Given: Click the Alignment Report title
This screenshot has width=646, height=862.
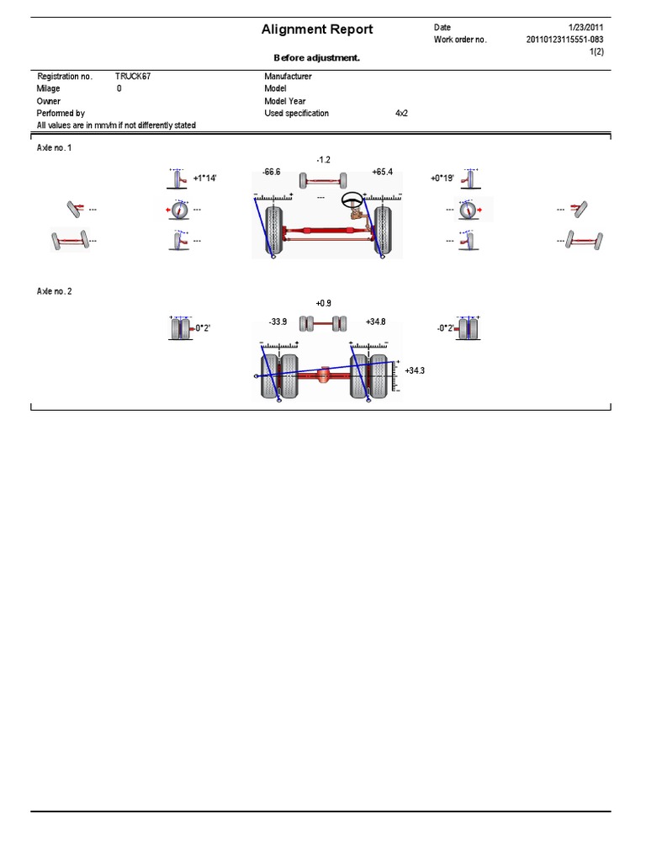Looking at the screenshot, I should tap(317, 29).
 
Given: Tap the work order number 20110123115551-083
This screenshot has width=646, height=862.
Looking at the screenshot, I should tap(565, 40).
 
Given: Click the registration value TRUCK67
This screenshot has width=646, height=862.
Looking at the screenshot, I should tap(133, 76).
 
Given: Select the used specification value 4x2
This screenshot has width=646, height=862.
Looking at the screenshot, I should tap(401, 113).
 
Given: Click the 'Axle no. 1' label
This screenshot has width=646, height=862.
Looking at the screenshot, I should tap(55, 147).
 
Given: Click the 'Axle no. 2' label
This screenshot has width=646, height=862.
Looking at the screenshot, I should tap(55, 291).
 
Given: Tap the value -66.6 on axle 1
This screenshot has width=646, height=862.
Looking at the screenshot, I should tap(271, 172).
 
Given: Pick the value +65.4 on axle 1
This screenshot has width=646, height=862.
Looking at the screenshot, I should tap(382, 172).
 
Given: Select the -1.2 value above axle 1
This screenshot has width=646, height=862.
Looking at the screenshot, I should tap(323, 159).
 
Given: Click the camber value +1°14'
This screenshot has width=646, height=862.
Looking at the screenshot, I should tap(206, 178).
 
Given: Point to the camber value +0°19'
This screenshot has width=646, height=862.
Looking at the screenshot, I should tap(442, 178).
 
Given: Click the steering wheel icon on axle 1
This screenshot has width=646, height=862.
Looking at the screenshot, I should tap(352, 201).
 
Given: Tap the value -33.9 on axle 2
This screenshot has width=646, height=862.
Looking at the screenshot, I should tap(278, 322).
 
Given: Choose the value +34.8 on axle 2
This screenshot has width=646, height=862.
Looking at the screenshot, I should tap(376, 322).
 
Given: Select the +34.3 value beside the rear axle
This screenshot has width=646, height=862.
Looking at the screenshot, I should tap(415, 370).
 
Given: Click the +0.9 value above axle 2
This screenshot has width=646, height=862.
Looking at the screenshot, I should tap(324, 303).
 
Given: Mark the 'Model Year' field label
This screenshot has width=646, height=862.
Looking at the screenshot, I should tap(284, 101).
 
